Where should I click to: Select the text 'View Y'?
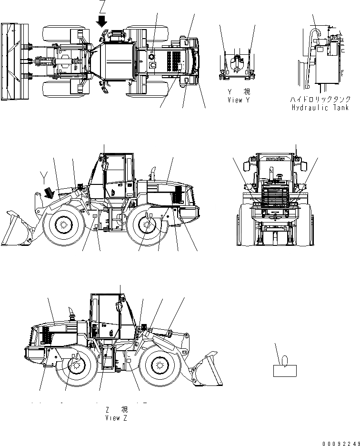click(238, 100)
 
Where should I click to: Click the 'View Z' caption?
click(117, 417)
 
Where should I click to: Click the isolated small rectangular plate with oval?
click(285, 369)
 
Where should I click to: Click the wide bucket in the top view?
click(10, 62)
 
